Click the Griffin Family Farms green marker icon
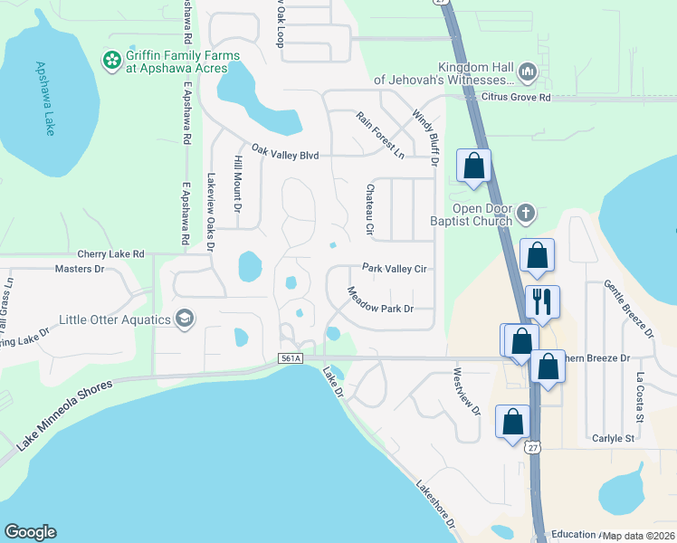coord(112,61)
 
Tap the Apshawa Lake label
coord(45,98)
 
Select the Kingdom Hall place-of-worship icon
coord(528,71)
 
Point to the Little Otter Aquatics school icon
coord(186,319)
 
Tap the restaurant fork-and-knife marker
coord(542,301)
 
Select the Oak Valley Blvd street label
coord(285,155)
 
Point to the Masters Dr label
coord(80,269)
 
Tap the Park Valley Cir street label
coord(394,268)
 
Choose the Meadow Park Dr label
coord(380,300)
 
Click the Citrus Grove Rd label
coord(516,97)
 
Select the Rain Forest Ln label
coord(380,135)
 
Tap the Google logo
coord(30,532)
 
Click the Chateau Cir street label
coord(369,209)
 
